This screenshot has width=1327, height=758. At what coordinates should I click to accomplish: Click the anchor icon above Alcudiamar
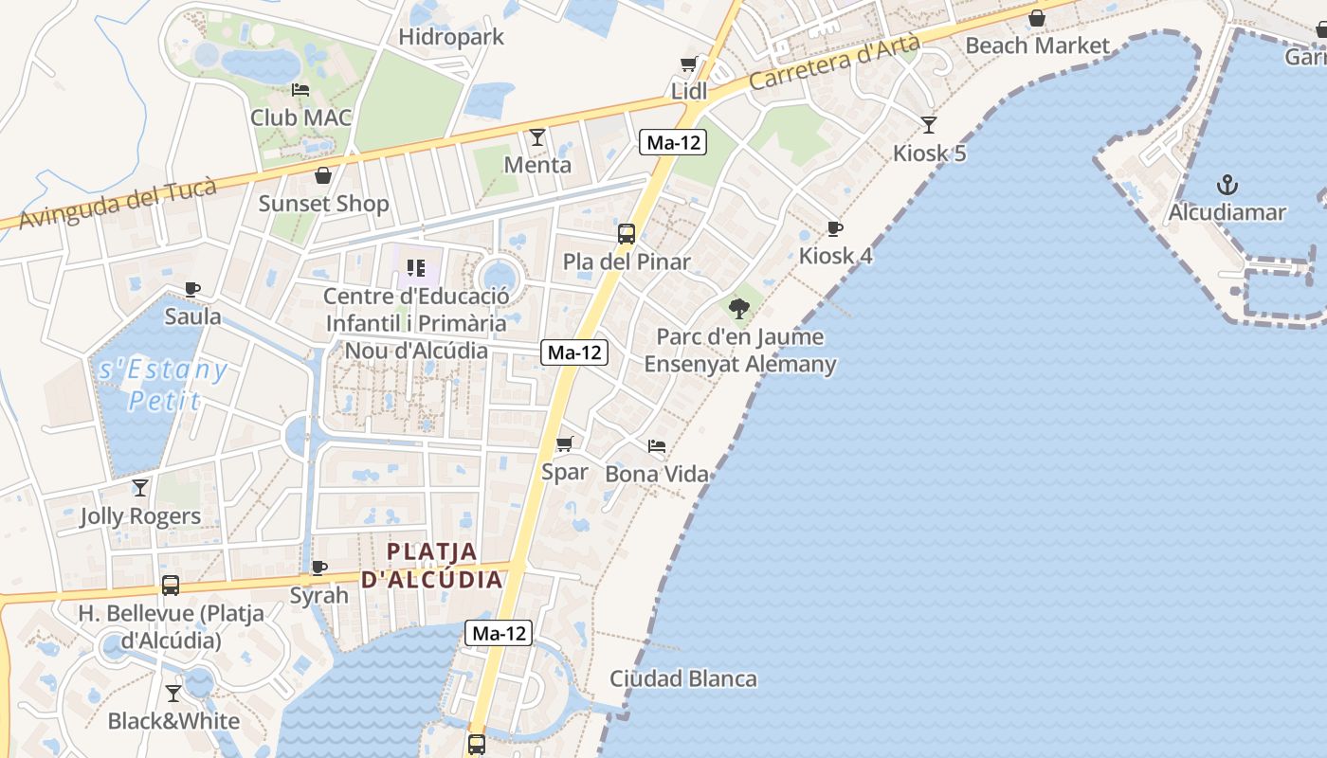tap(1227, 184)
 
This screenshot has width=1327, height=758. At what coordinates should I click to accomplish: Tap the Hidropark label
tap(451, 37)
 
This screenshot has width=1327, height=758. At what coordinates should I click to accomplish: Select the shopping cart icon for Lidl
tap(689, 64)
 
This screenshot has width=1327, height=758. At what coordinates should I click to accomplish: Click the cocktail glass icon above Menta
tap(537, 137)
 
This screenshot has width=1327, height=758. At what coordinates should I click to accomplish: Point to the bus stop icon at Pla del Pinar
tap(626, 234)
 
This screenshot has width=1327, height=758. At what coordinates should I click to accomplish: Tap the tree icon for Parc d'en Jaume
tap(739, 308)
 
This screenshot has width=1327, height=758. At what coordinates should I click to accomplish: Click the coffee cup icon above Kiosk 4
tap(834, 228)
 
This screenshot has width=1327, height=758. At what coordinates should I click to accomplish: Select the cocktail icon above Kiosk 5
tap(929, 124)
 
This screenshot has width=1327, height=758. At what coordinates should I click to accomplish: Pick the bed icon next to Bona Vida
tap(656, 445)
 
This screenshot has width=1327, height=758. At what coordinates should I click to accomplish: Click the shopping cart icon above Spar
tap(565, 443)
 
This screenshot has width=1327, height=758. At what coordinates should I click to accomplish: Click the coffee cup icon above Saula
tap(192, 289)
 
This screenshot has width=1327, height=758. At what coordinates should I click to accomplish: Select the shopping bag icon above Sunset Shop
tap(323, 175)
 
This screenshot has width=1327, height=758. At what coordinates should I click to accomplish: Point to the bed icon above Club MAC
tap(300, 90)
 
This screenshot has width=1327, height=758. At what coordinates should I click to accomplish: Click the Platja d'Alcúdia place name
tap(432, 565)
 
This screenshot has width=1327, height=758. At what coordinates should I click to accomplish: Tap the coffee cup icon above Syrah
tap(319, 568)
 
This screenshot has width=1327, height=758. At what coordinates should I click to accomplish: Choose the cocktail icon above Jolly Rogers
tap(140, 488)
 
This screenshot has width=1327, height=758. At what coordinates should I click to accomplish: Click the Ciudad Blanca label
tap(682, 678)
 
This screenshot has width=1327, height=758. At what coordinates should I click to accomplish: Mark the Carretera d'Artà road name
tap(834, 63)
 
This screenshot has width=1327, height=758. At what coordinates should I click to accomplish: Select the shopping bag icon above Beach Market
tap(1037, 18)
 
